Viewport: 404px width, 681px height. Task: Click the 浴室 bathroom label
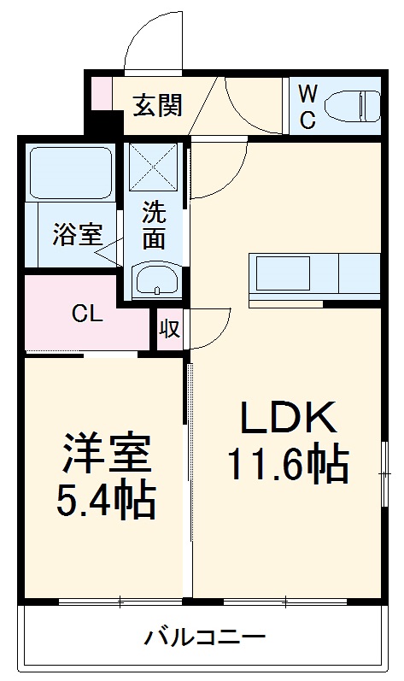click(77, 235)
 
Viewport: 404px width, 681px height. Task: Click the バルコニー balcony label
click(204, 637)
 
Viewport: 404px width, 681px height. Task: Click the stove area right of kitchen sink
click(359, 273)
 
